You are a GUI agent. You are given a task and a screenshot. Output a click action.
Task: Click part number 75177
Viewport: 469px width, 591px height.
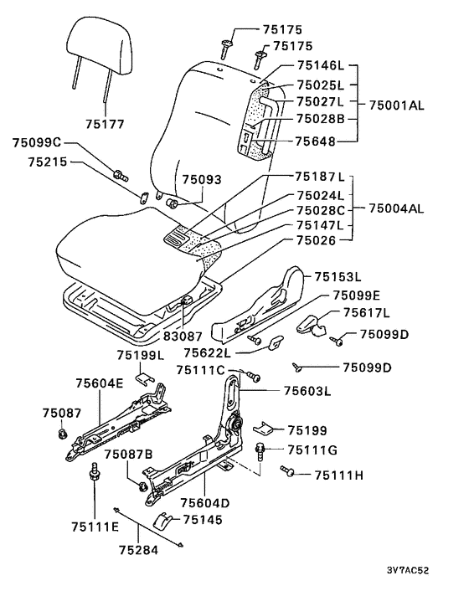[x=105, y=124]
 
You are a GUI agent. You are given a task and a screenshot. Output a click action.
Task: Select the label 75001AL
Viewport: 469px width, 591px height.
[x=396, y=105]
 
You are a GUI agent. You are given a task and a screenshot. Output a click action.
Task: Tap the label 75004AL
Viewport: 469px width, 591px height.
[x=396, y=208]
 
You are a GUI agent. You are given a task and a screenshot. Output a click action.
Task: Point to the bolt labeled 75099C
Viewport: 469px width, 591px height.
[x=121, y=175]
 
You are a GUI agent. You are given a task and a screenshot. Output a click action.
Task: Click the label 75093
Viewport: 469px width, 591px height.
[x=202, y=179]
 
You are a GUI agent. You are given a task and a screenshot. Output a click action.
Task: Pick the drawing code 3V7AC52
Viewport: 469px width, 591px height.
[x=408, y=570]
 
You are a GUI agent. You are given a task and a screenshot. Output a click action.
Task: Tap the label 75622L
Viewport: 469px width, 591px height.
[x=207, y=353]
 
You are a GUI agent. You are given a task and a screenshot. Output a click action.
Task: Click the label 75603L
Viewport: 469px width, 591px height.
[x=307, y=391]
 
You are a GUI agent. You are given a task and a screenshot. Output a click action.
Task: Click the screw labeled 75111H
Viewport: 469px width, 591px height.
[x=287, y=470]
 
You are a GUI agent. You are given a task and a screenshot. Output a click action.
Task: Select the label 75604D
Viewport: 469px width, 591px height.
[x=205, y=503]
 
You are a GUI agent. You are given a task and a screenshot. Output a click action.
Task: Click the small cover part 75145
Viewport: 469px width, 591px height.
[x=162, y=522]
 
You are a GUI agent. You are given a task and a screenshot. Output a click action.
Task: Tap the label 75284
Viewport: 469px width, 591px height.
[x=139, y=550]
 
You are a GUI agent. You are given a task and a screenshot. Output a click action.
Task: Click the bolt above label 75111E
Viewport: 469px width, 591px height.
[x=95, y=472]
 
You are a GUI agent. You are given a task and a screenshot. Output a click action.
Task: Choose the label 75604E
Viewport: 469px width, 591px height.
[x=100, y=383]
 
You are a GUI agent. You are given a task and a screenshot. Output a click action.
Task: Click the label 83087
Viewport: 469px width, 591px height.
[x=183, y=335]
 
